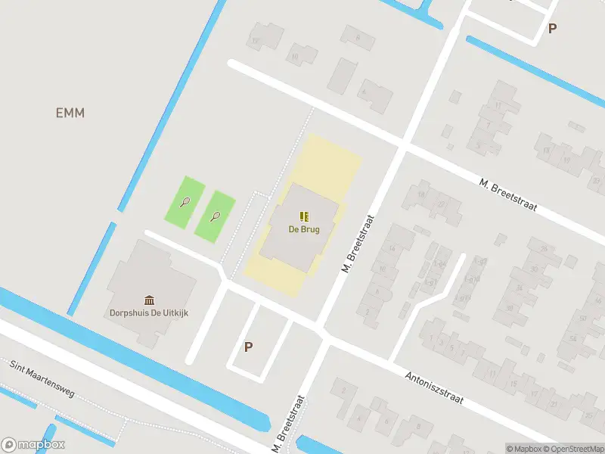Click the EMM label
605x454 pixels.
click(x=70, y=113)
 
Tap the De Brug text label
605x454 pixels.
click(x=303, y=229)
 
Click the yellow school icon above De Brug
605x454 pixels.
click(x=303, y=216)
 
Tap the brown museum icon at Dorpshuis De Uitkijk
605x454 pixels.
click(x=149, y=300)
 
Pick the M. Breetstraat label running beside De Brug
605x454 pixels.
click(x=359, y=242)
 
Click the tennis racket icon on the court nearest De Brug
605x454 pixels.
click(x=216, y=216)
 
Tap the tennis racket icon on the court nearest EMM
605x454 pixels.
click(x=185, y=201)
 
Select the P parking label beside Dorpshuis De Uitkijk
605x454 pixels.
click(x=248, y=347)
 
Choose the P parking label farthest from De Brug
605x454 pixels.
click(x=553, y=29)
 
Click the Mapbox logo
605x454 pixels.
click(x=33, y=445)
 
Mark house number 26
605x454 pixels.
click(x=544, y=249)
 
